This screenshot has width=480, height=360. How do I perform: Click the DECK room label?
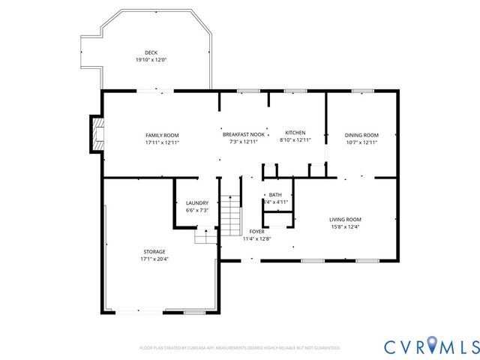click(151, 52)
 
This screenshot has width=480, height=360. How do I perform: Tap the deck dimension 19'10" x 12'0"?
click(151, 60)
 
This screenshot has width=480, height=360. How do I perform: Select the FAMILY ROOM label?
click(162, 134)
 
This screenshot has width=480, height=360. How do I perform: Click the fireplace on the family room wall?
click(96, 133)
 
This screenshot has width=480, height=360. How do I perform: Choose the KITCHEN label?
click(295, 132)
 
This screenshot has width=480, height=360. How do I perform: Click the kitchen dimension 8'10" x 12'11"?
click(295, 139)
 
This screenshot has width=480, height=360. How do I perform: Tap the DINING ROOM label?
click(361, 135)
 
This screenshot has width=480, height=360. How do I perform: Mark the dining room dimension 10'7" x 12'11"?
click(361, 142)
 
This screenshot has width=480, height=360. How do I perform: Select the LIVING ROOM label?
click(345, 219)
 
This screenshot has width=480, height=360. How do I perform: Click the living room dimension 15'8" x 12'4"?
click(345, 226)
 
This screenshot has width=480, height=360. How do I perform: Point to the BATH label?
click(274, 194)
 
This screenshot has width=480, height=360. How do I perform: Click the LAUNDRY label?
click(196, 203)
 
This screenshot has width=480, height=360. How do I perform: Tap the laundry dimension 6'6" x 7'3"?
click(196, 211)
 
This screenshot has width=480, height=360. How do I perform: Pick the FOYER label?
click(256, 232)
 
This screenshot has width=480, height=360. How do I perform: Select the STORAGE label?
click(154, 251)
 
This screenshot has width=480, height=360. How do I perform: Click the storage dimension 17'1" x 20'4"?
click(154, 259)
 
